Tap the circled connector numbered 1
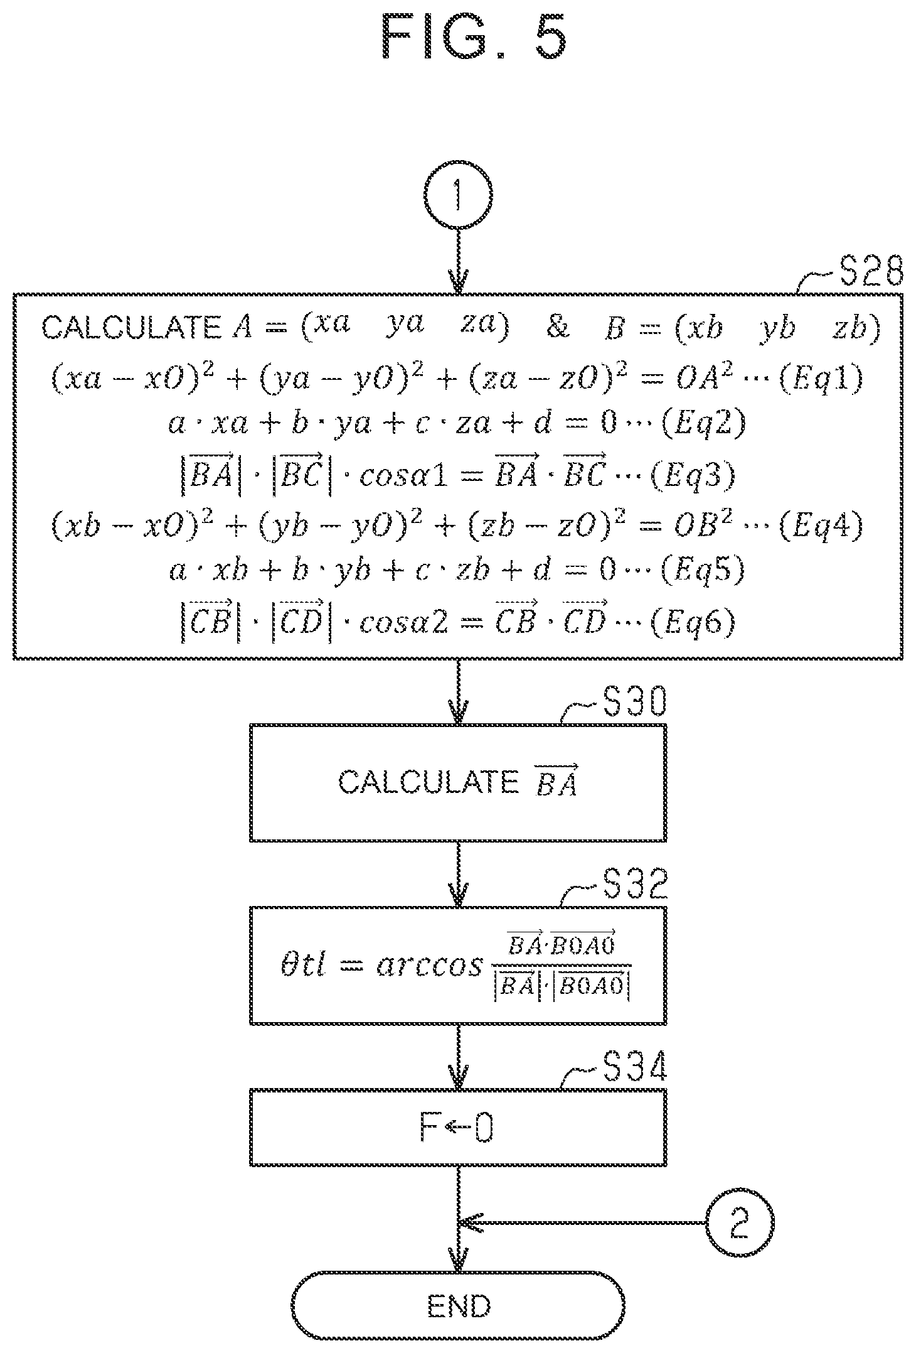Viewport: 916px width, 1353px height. pos(458,195)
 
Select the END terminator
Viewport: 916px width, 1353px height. pos(459,1307)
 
